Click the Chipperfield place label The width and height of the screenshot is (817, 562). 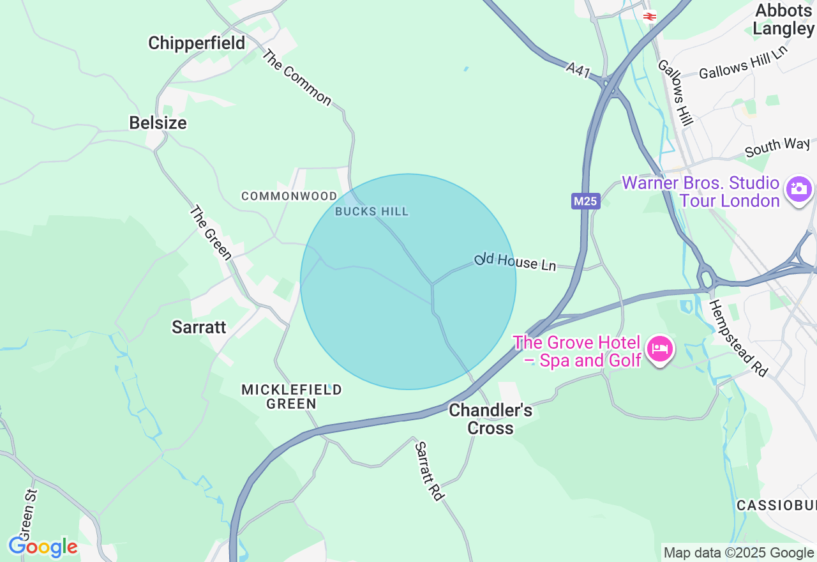point(197,43)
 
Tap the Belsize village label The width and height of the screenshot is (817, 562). point(158,123)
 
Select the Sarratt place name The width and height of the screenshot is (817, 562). point(199,327)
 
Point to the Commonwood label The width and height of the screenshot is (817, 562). point(289,196)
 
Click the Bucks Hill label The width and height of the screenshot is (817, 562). point(371,211)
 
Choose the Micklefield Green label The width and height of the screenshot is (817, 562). point(292,397)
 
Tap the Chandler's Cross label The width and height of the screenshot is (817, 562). point(490,419)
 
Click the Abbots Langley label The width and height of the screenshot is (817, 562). point(783,19)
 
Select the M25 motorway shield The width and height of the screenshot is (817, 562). point(585,202)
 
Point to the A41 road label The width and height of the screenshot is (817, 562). point(578,69)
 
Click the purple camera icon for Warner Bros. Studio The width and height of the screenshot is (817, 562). point(798,188)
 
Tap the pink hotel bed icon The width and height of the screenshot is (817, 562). point(659,349)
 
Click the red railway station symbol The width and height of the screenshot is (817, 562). point(650,17)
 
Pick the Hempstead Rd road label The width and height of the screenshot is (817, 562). point(738,338)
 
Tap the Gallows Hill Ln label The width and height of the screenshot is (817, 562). point(743,63)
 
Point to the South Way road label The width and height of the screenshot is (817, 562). point(777,147)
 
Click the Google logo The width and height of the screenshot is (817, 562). point(43,547)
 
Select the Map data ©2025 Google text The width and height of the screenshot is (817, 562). point(738,553)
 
